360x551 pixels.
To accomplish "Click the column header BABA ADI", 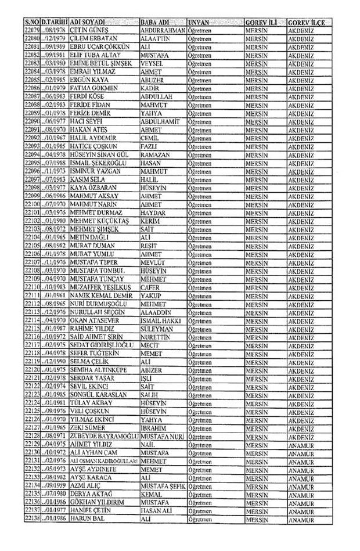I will [x=154, y=21].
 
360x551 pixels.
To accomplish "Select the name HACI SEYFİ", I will [x=87, y=121].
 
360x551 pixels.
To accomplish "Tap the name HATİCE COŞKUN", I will [x=93, y=146].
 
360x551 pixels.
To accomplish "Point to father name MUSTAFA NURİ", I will [x=163, y=435].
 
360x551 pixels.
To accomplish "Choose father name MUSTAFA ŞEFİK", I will [x=163, y=485].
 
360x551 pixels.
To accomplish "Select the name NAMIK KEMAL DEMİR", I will [x=99, y=295].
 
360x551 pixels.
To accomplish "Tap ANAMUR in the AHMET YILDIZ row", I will [x=301, y=444].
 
